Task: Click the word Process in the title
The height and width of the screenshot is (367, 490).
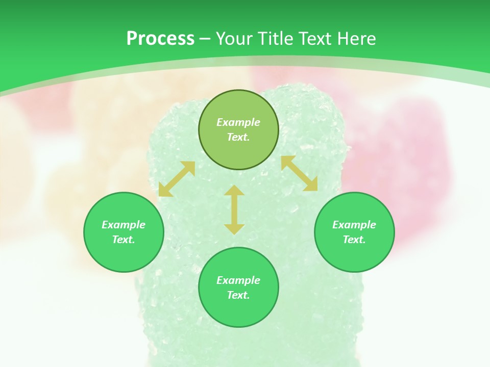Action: click(x=160, y=39)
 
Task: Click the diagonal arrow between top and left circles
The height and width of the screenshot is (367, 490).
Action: click(x=177, y=179)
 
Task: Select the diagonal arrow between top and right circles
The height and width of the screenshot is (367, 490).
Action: click(x=299, y=174)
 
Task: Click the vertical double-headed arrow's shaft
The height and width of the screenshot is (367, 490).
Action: click(x=234, y=209)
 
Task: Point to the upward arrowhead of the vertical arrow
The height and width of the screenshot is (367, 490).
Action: click(x=234, y=190)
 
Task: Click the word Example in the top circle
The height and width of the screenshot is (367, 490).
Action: click(x=238, y=122)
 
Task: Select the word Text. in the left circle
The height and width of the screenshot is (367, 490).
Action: click(x=124, y=240)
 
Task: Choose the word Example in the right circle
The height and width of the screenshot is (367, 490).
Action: click(x=354, y=225)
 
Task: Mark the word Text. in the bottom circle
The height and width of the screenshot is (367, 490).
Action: click(x=238, y=295)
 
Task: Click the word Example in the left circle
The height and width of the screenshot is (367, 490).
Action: click(x=124, y=225)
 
